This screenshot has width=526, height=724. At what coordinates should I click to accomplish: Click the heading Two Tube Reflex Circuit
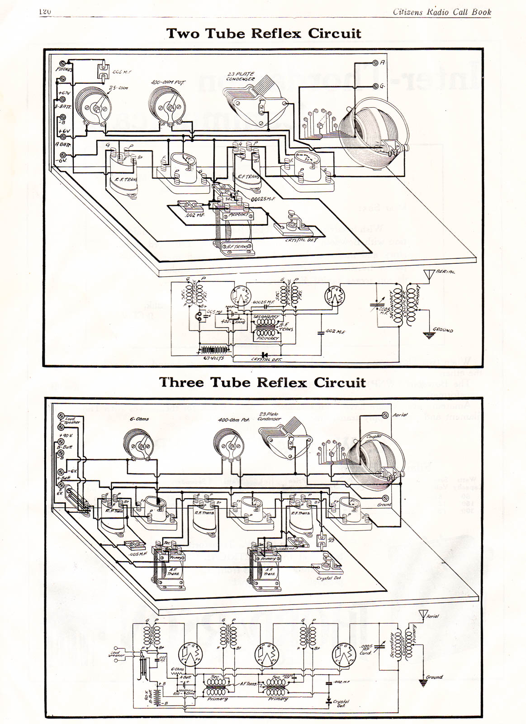pyautogui.click(x=264, y=33)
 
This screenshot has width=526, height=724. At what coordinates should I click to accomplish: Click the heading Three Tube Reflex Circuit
pyautogui.click(x=262, y=382)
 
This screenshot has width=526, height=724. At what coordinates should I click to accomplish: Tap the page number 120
pyautogui.click(x=45, y=12)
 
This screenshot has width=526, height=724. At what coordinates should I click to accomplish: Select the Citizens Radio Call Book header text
pyautogui.click(x=441, y=12)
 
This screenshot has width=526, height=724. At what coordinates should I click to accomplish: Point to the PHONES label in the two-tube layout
pyautogui.click(x=64, y=70)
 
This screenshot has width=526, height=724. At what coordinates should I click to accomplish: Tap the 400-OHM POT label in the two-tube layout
pyautogui.click(x=167, y=82)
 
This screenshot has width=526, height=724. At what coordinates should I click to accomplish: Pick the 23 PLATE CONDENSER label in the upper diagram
pyautogui.click(x=241, y=76)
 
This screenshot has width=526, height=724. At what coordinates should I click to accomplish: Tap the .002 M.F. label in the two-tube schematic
pyautogui.click(x=336, y=332)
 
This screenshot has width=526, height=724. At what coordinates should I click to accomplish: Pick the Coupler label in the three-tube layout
pyautogui.click(x=374, y=437)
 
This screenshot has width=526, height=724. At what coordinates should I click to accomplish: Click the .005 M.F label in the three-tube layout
pyautogui.click(x=137, y=554)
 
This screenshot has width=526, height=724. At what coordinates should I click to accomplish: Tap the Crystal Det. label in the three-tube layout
pyautogui.click(x=329, y=578)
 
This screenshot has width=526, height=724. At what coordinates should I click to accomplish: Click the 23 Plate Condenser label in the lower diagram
pyautogui.click(x=269, y=416)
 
